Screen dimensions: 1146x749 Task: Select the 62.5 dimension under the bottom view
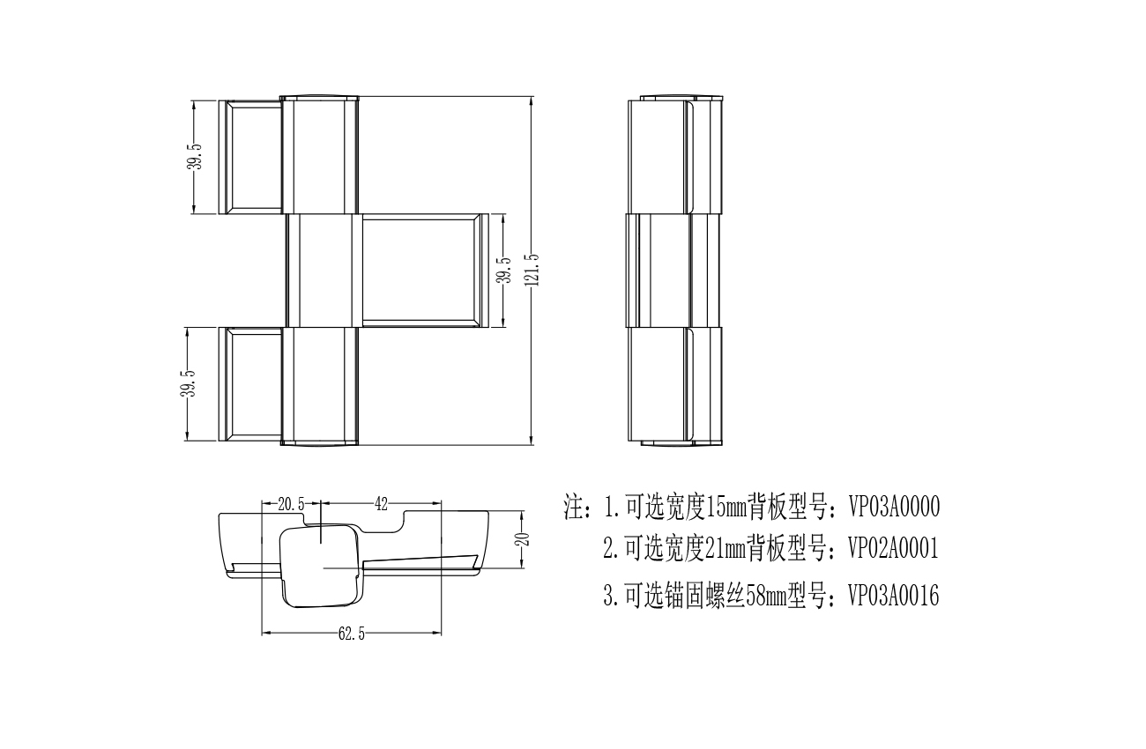[x=352, y=634]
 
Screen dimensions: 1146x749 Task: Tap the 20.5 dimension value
[x=291, y=505]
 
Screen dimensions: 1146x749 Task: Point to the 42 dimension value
[x=381, y=505]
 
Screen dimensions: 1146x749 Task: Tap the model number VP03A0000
[x=894, y=508]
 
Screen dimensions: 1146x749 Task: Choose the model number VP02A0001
[x=894, y=548]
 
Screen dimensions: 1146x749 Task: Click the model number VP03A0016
[x=894, y=596]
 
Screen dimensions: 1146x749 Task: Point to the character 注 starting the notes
[x=574, y=507]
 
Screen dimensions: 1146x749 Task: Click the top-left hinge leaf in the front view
[x=250, y=157]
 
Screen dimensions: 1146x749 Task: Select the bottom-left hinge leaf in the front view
[x=250, y=384]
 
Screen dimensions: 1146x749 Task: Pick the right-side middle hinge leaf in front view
[x=425, y=271]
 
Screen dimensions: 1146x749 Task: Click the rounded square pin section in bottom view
[x=320, y=566]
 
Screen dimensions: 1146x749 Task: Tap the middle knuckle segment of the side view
[x=673, y=271]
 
